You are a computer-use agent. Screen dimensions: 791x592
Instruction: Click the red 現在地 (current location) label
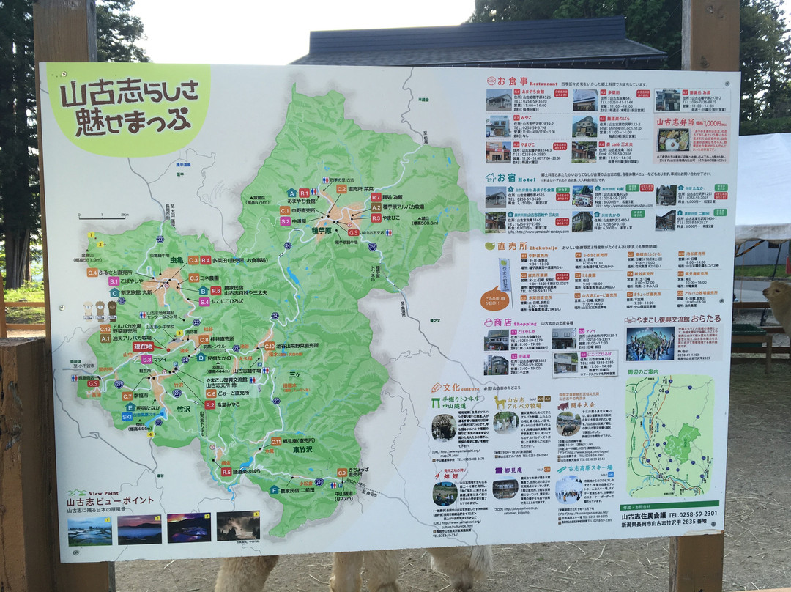tap(144, 347)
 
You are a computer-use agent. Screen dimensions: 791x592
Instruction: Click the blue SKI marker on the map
tap(127, 417)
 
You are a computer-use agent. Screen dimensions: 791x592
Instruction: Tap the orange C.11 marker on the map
tap(276, 442)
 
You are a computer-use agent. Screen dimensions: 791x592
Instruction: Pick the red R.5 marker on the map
tap(226, 472)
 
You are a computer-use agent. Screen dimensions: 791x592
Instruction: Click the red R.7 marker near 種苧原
tap(376, 197)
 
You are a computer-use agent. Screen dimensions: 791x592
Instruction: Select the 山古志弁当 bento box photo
tap(673, 139)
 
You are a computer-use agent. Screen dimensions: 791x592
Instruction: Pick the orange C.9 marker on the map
tap(342, 473)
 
